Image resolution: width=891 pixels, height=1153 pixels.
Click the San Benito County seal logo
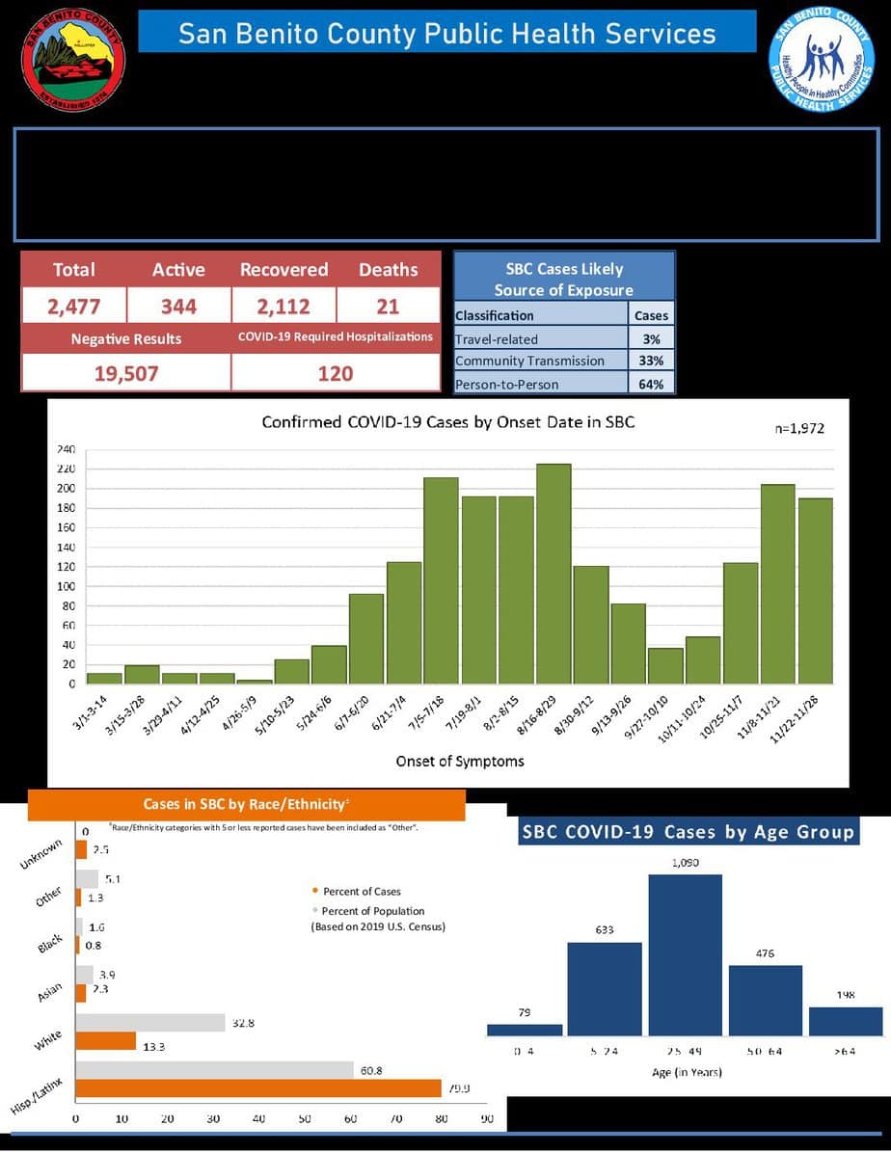tap(73, 61)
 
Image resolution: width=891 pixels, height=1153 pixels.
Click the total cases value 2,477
tap(74, 307)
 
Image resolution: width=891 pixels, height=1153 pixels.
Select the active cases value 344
tap(178, 307)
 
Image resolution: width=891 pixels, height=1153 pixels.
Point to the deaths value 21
tap(388, 307)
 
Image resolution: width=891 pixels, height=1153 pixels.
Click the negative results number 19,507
tap(125, 373)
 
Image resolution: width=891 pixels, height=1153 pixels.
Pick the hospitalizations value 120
tap(335, 373)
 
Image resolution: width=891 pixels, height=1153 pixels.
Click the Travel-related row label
tap(497, 339)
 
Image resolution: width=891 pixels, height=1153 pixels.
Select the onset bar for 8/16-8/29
tap(553, 574)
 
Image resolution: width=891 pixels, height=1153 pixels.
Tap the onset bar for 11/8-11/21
tap(777, 584)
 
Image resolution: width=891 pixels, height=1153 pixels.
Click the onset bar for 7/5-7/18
tap(441, 580)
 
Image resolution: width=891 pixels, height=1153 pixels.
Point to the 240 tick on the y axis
tap(67, 449)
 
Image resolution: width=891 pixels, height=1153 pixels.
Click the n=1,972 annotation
tap(799, 428)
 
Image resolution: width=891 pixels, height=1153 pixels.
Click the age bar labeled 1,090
tap(685, 954)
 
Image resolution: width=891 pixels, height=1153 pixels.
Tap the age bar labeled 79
tap(525, 1029)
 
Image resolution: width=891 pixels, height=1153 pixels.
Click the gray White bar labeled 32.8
tap(150, 1023)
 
